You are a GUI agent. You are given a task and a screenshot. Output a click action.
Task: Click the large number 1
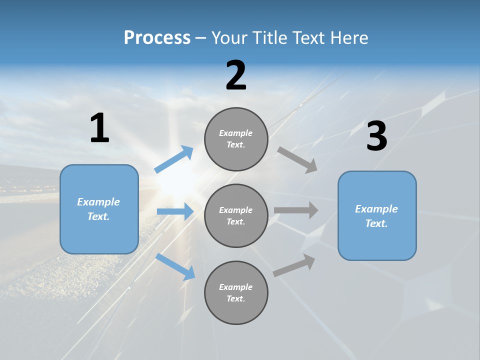[99, 128]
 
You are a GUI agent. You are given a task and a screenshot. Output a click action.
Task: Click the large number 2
[236, 76]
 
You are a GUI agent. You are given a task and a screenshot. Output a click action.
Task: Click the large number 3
[376, 136]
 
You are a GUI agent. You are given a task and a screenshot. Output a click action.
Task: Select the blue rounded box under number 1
[99, 209]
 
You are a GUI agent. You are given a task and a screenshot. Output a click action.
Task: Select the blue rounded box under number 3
[377, 216]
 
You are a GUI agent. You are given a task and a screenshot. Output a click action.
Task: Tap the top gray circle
[236, 139]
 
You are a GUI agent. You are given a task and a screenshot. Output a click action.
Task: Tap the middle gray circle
[236, 216]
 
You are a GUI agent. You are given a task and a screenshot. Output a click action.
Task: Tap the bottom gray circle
[236, 293]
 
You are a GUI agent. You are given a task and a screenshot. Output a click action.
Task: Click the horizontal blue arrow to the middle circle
[175, 211]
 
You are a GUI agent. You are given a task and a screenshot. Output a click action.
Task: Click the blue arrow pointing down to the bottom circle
[175, 266]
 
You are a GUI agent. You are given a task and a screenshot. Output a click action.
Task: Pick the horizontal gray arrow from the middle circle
[296, 210]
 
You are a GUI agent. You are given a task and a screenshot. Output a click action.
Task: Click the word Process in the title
[157, 38]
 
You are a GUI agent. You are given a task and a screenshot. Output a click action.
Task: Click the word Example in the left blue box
[98, 202]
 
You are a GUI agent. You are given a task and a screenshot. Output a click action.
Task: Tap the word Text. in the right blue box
[376, 223]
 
